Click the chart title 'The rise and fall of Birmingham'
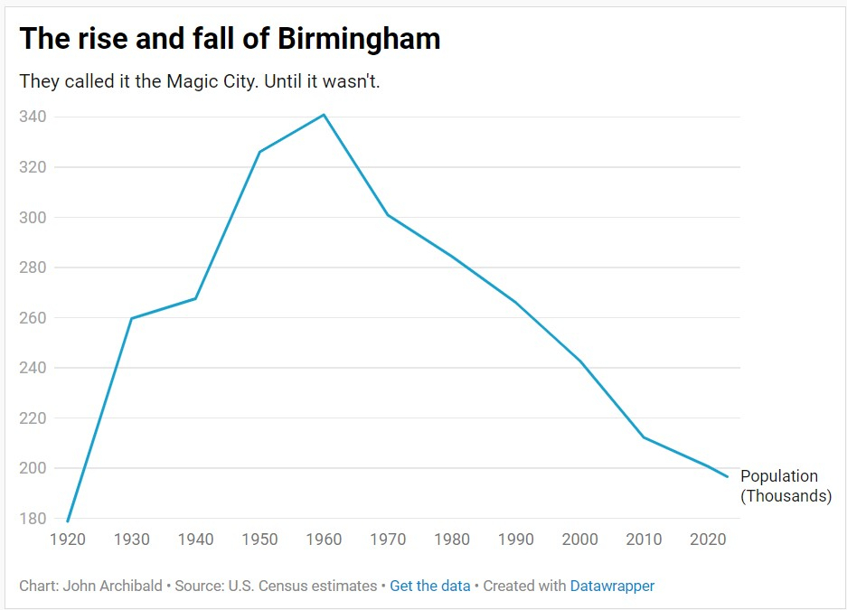[230, 39]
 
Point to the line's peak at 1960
[324, 115]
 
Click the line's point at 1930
[132, 318]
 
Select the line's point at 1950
[259, 152]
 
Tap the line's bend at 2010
[644, 437]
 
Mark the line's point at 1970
[388, 215]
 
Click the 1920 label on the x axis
[68, 540]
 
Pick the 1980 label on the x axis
[452, 540]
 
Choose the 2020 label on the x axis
[708, 540]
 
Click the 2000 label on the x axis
[579, 540]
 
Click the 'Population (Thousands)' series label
[785, 486]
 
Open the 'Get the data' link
[430, 586]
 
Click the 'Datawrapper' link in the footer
[612, 586]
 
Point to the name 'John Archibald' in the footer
[114, 586]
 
